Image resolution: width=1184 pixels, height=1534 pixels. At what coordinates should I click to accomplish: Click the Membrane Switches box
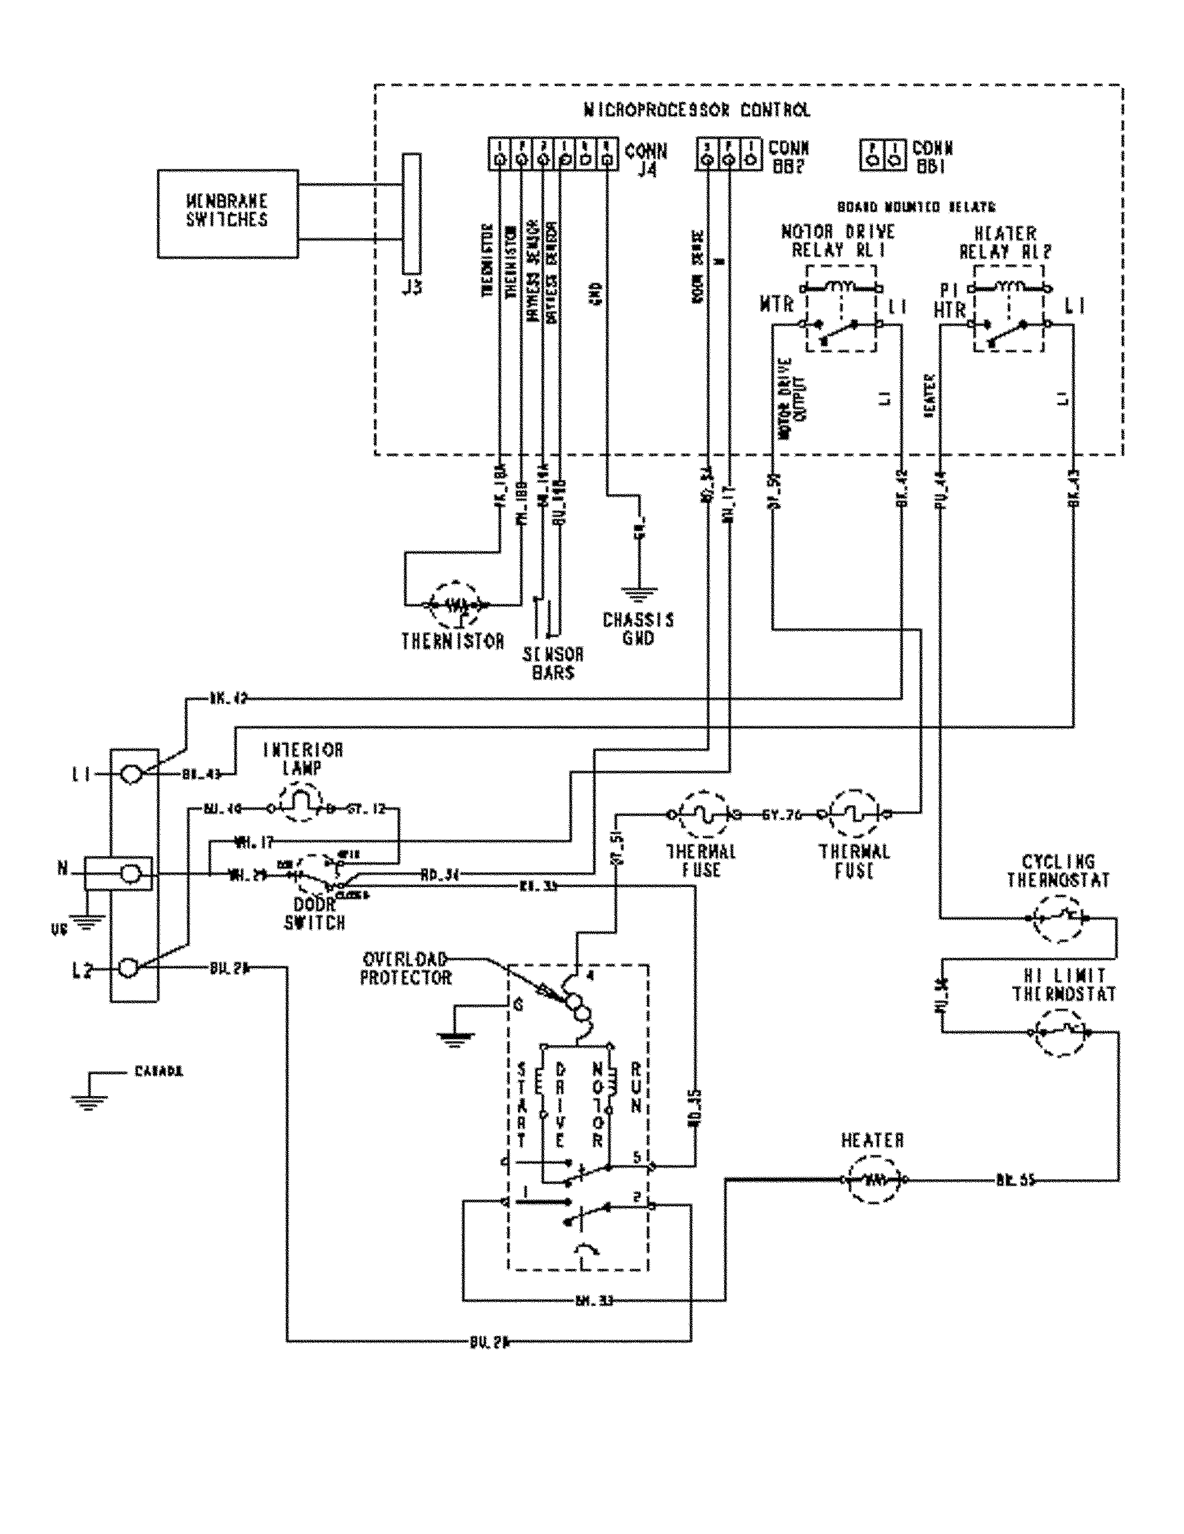[227, 212]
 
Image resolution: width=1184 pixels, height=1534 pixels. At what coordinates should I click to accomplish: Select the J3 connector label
[412, 288]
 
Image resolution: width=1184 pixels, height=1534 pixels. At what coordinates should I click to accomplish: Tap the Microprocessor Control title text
[696, 110]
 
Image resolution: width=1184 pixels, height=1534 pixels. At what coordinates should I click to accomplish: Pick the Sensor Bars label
[552, 663]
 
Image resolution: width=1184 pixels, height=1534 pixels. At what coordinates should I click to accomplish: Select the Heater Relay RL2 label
[1006, 242]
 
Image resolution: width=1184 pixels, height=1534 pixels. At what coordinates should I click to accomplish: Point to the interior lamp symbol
[301, 808]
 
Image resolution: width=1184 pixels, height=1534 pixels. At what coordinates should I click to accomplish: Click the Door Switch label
[314, 914]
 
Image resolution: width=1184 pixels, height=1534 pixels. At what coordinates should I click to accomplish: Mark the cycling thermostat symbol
[1058, 917]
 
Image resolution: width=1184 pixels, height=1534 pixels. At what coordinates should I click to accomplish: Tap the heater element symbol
[873, 1179]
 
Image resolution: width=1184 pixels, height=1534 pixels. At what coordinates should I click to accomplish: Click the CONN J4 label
[645, 159]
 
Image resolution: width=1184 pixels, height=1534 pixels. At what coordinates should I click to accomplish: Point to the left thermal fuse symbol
[702, 815]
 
